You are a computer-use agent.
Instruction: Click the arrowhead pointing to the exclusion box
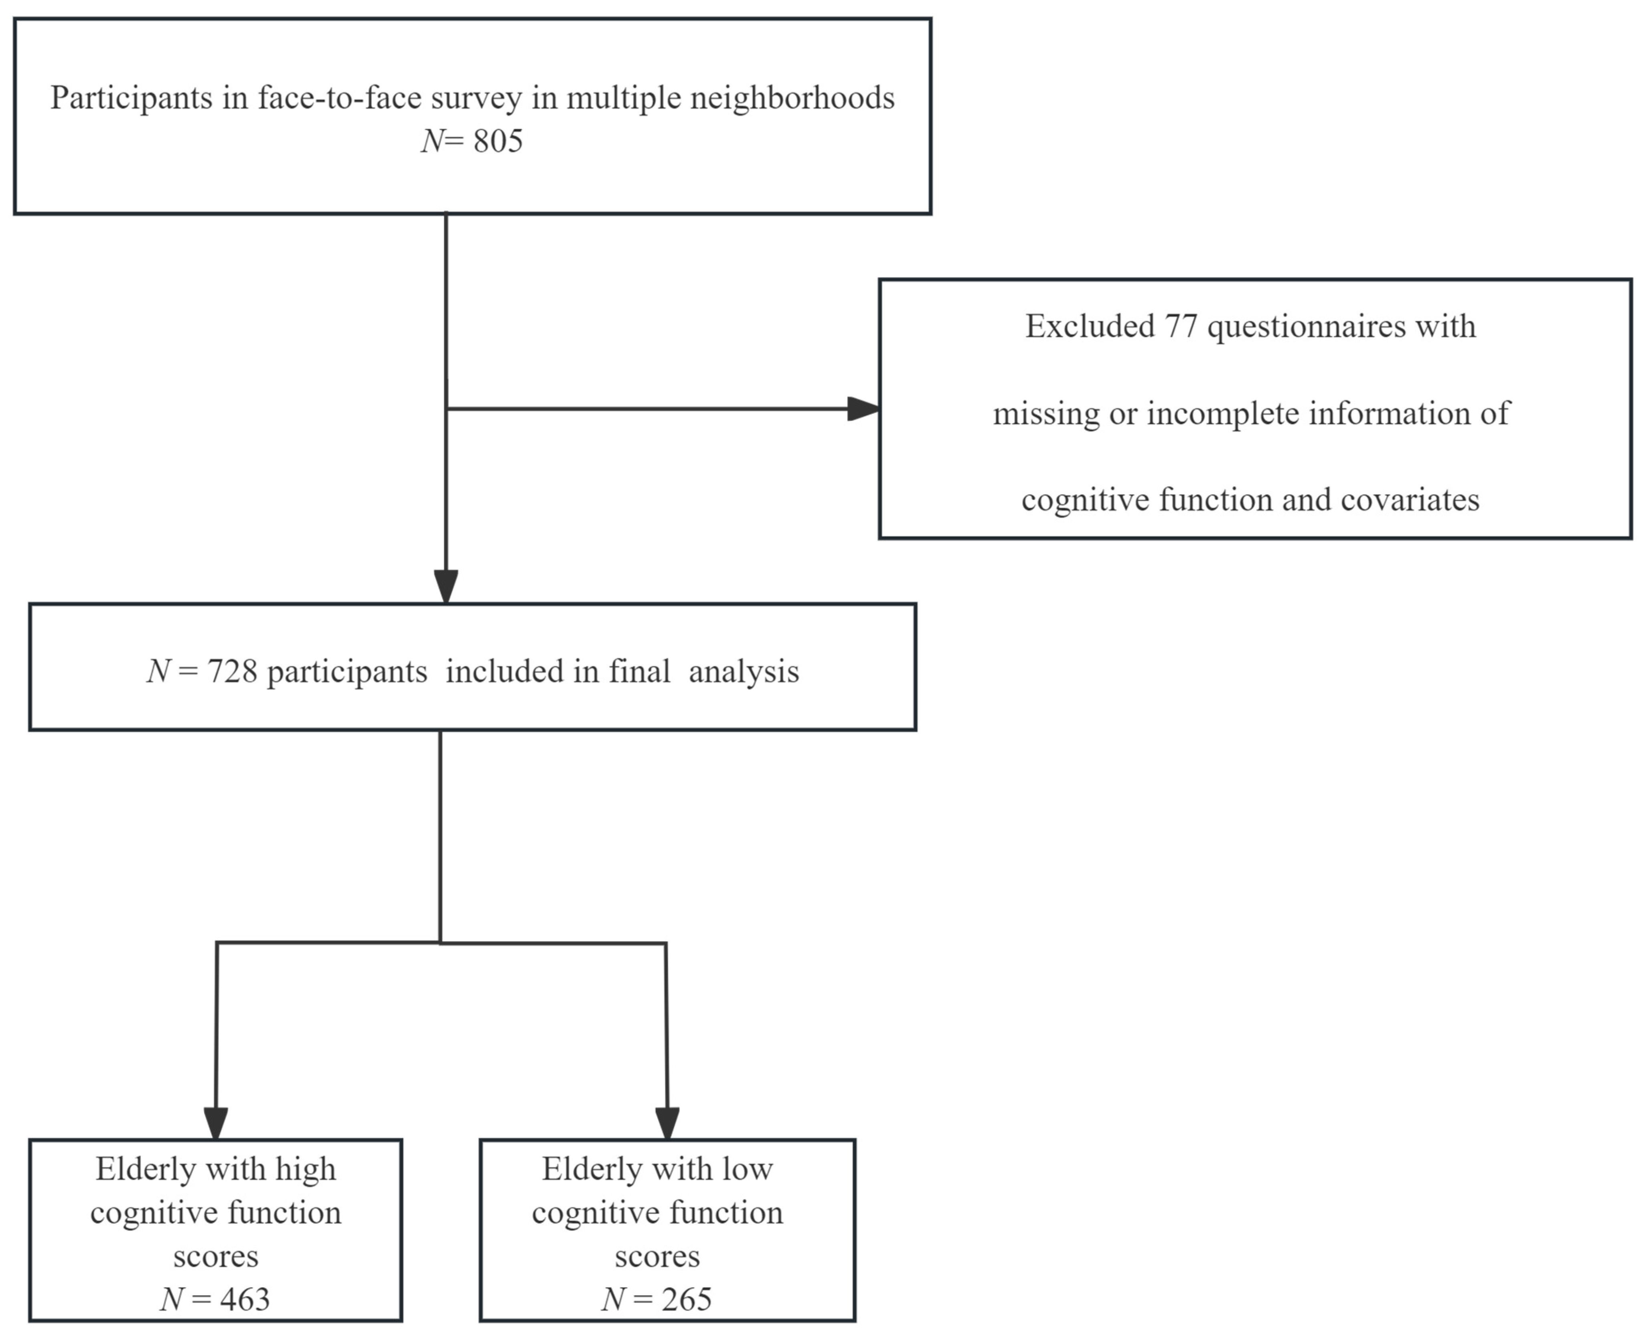[863, 409]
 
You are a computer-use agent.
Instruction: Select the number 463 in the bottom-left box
[245, 1300]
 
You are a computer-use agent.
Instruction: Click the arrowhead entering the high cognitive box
[216, 1123]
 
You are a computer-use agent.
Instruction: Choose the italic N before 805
[432, 142]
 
